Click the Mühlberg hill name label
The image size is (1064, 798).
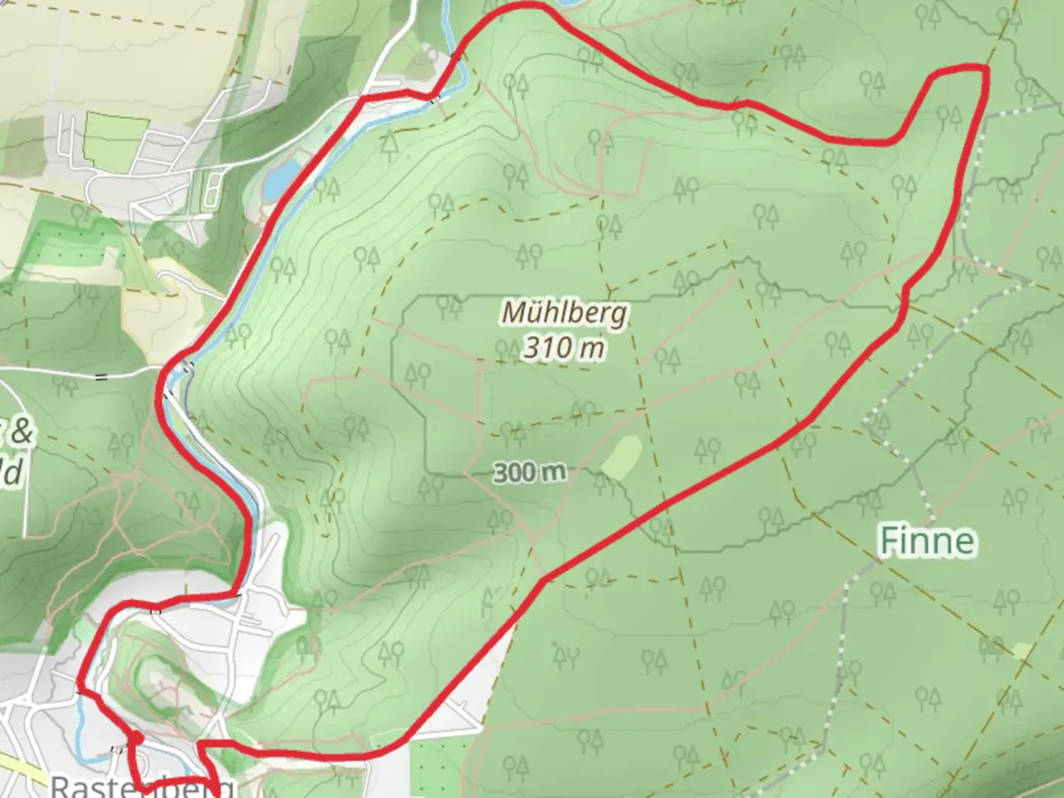point(565,312)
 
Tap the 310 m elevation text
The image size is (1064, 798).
point(565,347)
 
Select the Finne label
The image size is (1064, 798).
point(927,541)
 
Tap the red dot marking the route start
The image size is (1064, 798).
point(136,738)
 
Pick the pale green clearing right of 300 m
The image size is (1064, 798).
point(621,455)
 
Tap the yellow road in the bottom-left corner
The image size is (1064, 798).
point(22,768)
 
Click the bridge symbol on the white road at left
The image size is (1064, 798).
point(101,376)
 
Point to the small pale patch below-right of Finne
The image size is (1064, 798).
point(1023,649)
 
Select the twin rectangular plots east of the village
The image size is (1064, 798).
point(210,188)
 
